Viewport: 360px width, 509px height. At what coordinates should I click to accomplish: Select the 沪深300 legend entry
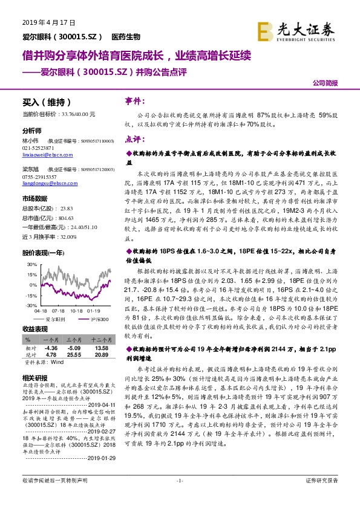(x=97, y=319)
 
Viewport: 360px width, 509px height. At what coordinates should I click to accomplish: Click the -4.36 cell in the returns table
(x=51, y=348)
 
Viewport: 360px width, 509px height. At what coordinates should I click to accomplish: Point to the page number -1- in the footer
(x=180, y=497)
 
